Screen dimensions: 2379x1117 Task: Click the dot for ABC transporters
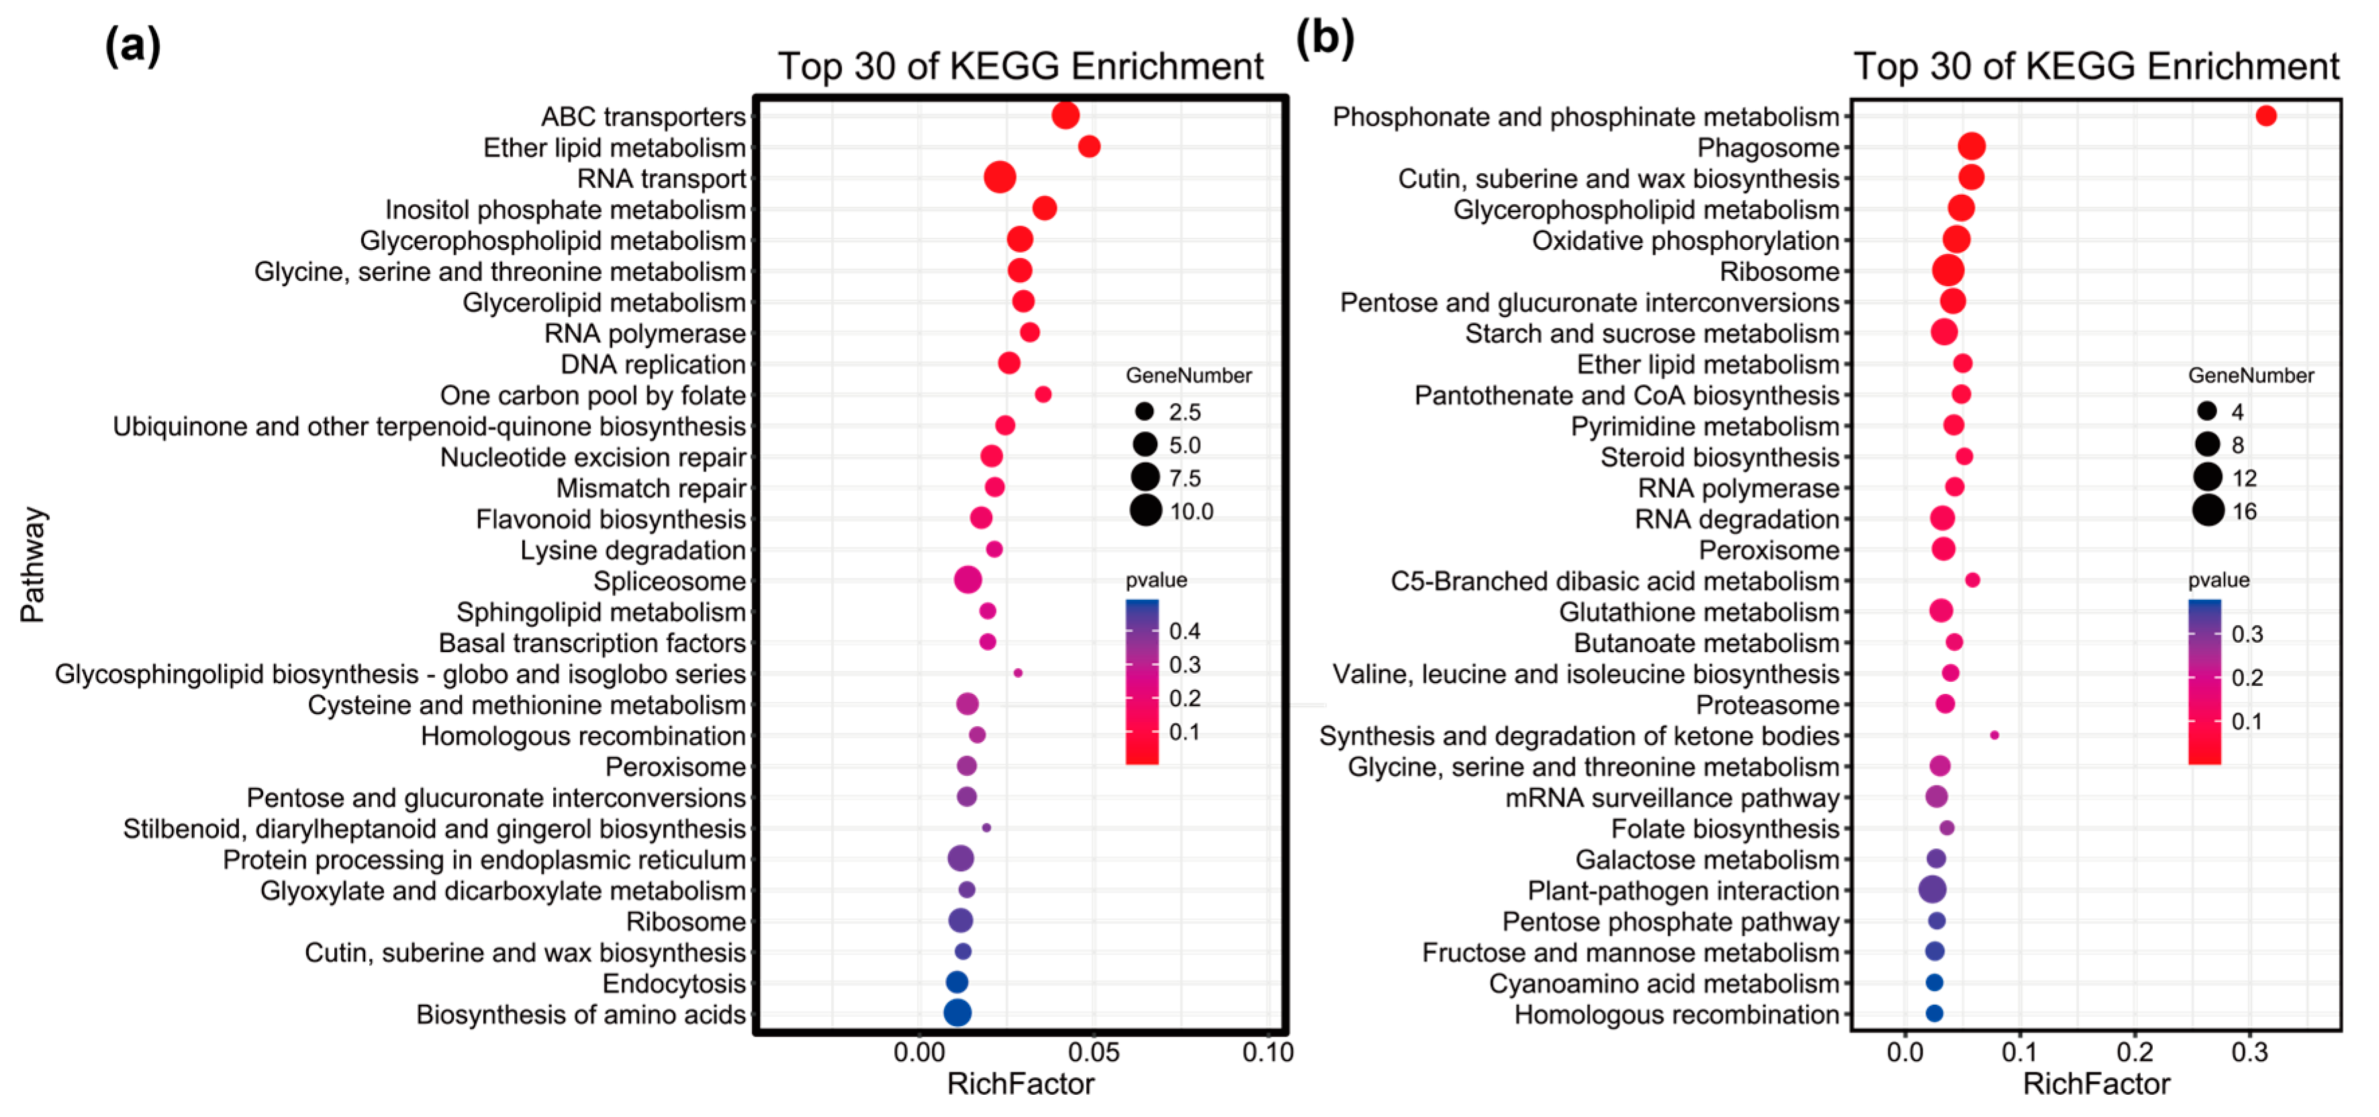coord(1065,116)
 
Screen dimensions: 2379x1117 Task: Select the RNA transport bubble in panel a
coord(1000,177)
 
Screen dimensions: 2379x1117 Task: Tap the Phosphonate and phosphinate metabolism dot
coord(2266,116)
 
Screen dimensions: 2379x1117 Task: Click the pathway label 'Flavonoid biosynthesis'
coord(610,519)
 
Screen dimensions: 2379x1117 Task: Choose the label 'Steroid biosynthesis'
coord(1720,457)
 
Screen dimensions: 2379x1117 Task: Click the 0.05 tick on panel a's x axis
coord(1094,1053)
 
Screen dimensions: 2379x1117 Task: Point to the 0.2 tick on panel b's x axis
coord(2134,1053)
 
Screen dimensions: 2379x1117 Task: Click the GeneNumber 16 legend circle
coord(2208,510)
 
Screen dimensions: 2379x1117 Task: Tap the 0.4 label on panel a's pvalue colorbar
coord(1185,631)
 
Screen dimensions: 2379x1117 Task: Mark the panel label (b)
coord(1325,39)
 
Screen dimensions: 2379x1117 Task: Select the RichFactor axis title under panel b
coord(2096,1083)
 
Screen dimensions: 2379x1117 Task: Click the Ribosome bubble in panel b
coord(1948,271)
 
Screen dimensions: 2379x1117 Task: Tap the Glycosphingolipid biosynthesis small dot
coord(1018,672)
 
